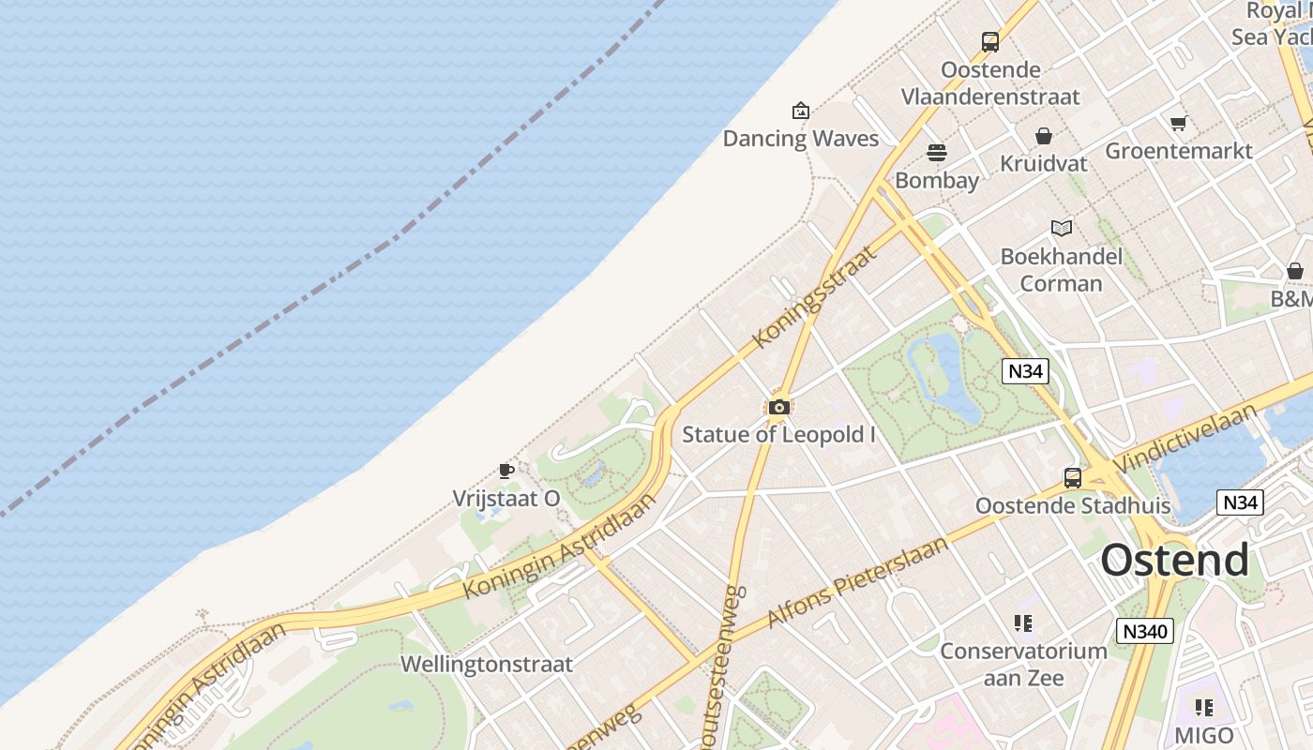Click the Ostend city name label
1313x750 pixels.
(1174, 561)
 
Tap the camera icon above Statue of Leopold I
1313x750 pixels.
(778, 407)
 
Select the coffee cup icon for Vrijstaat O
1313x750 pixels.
(506, 471)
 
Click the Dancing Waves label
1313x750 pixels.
(800, 139)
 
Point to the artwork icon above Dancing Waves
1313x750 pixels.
(800, 111)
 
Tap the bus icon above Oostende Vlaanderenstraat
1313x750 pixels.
(990, 41)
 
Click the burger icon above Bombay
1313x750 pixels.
(937, 152)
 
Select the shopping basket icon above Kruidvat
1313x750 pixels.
(1044, 136)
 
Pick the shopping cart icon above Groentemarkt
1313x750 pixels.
(1179, 123)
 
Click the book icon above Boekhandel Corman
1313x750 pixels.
(1062, 228)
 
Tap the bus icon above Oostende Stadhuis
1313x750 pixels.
(1073, 478)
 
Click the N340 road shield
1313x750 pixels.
(1145, 631)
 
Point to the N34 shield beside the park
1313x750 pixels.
(1024, 371)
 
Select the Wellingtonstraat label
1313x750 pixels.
(486, 664)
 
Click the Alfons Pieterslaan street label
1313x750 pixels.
(858, 582)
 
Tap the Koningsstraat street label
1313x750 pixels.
(815, 296)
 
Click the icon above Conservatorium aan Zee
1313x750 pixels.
(1023, 622)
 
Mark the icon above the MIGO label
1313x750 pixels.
(1204, 707)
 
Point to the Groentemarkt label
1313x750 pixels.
(1179, 151)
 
